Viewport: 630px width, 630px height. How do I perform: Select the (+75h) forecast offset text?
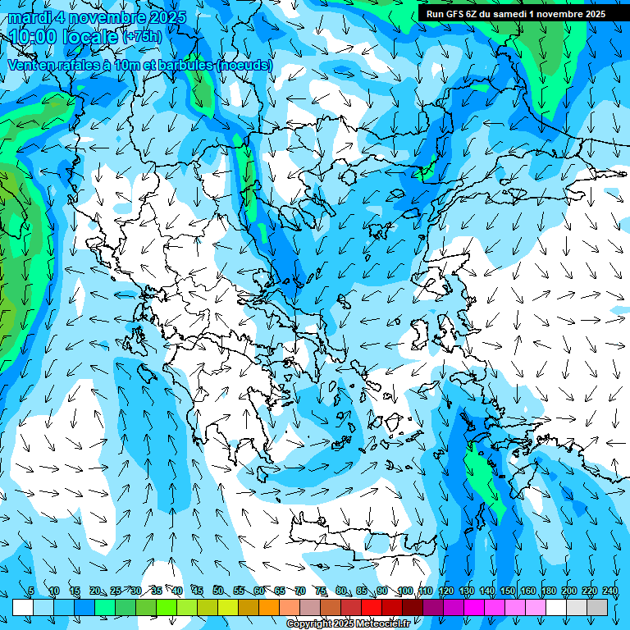(142, 37)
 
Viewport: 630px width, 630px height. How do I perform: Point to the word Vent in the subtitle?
(24, 65)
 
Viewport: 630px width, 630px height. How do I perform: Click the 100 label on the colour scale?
(404, 591)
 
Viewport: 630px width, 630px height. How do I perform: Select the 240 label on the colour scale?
(609, 591)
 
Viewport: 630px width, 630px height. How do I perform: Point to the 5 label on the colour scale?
(31, 591)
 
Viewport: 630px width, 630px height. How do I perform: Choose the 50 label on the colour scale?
(217, 591)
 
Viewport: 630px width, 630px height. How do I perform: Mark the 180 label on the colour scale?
(548, 591)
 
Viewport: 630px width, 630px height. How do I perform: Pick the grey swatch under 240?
(597, 607)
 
